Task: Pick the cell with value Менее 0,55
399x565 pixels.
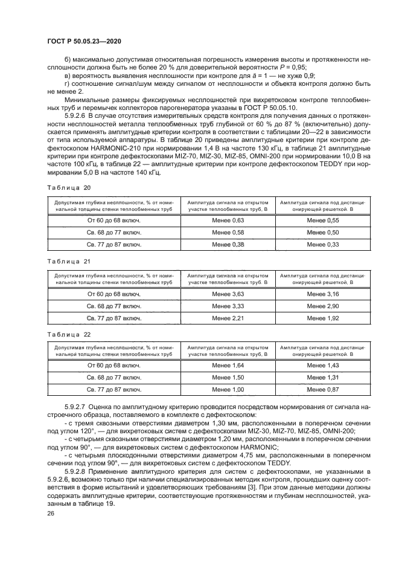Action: [322, 222]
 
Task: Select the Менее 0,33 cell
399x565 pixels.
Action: [322, 245]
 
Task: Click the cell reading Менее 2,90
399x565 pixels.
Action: [322, 306]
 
